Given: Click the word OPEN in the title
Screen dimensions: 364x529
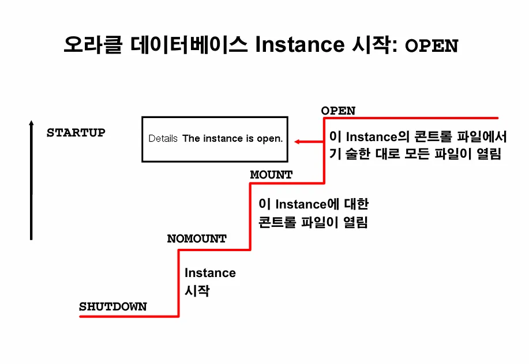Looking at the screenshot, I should point(432,45).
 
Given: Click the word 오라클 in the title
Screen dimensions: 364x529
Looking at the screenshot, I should point(93,44).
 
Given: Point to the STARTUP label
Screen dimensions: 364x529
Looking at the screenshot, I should point(76,132).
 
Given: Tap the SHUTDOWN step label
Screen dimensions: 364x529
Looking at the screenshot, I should point(112,307).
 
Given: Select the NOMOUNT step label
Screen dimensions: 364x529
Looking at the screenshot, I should point(197,238).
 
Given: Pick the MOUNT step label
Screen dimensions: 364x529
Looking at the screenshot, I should point(271,174).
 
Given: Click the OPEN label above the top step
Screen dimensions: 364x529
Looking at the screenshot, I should point(338,111).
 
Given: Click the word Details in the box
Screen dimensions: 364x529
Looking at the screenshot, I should point(163,139).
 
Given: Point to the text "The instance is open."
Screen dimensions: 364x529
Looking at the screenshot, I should point(232,139).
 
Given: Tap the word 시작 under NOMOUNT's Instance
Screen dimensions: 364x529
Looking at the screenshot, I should point(196,291).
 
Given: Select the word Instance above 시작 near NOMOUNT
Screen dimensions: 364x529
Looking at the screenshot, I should point(210,273).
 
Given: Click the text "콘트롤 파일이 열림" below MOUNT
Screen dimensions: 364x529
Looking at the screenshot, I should point(313,222).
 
